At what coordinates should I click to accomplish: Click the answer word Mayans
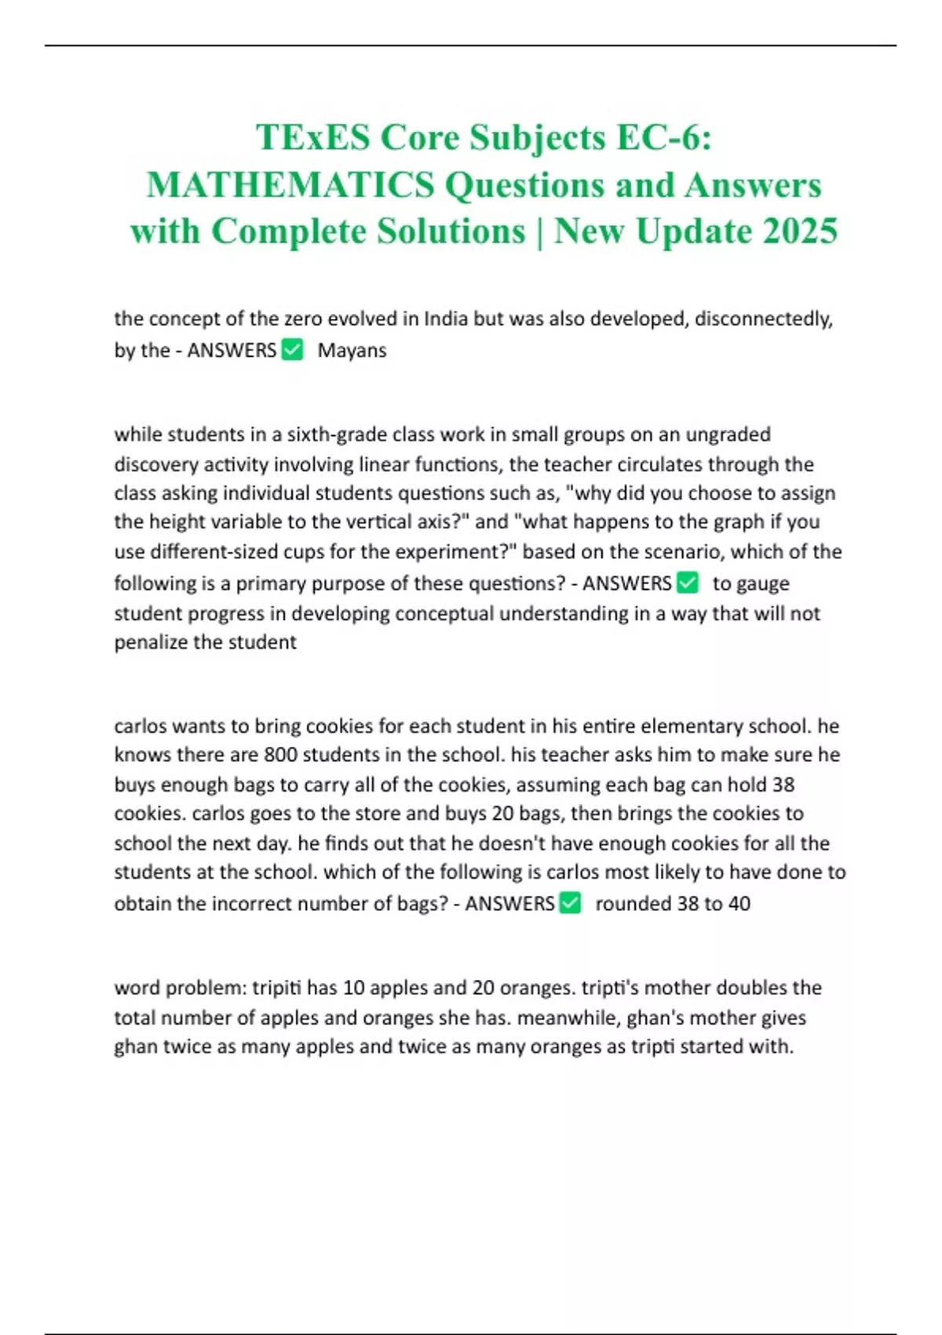tap(352, 350)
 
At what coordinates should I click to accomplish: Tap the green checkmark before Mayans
tap(292, 349)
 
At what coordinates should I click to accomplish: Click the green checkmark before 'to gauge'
tap(687, 583)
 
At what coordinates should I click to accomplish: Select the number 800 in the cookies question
tap(280, 755)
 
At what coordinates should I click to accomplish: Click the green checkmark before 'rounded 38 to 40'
tap(570, 903)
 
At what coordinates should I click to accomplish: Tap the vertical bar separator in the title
tap(540, 231)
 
